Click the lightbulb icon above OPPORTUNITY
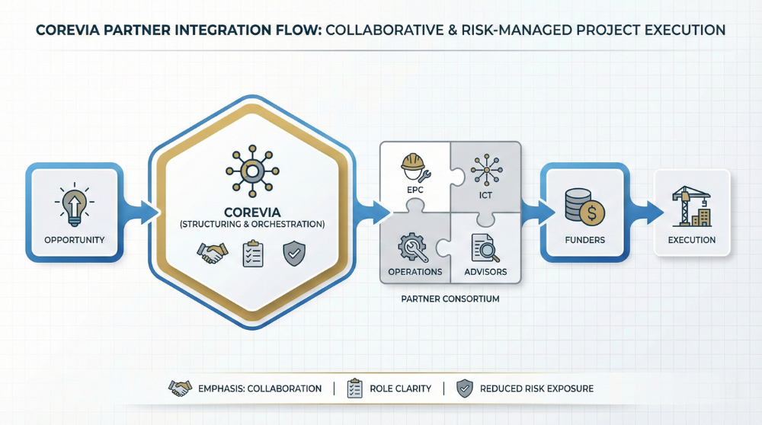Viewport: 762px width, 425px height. click(x=75, y=204)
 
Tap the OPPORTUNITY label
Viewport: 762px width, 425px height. click(x=75, y=240)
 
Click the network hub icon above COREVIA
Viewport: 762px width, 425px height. click(x=252, y=171)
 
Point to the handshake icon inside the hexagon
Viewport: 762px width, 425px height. click(x=213, y=253)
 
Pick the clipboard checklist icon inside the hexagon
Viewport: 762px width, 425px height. click(x=253, y=253)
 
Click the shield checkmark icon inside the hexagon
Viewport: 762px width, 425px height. click(x=294, y=254)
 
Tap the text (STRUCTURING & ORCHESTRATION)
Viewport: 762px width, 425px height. click(x=252, y=225)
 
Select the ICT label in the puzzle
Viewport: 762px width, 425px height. click(x=485, y=195)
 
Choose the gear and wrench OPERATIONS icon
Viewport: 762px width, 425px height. click(x=413, y=247)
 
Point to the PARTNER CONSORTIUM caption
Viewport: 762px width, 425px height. click(x=450, y=299)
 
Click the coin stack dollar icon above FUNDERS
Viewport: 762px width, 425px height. click(x=584, y=207)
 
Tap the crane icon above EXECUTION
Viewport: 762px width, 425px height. click(x=692, y=206)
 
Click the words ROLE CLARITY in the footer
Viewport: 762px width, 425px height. click(x=401, y=388)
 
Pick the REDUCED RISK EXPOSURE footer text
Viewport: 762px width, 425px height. click(x=536, y=388)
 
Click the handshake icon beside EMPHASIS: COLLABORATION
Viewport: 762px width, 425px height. click(x=180, y=388)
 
